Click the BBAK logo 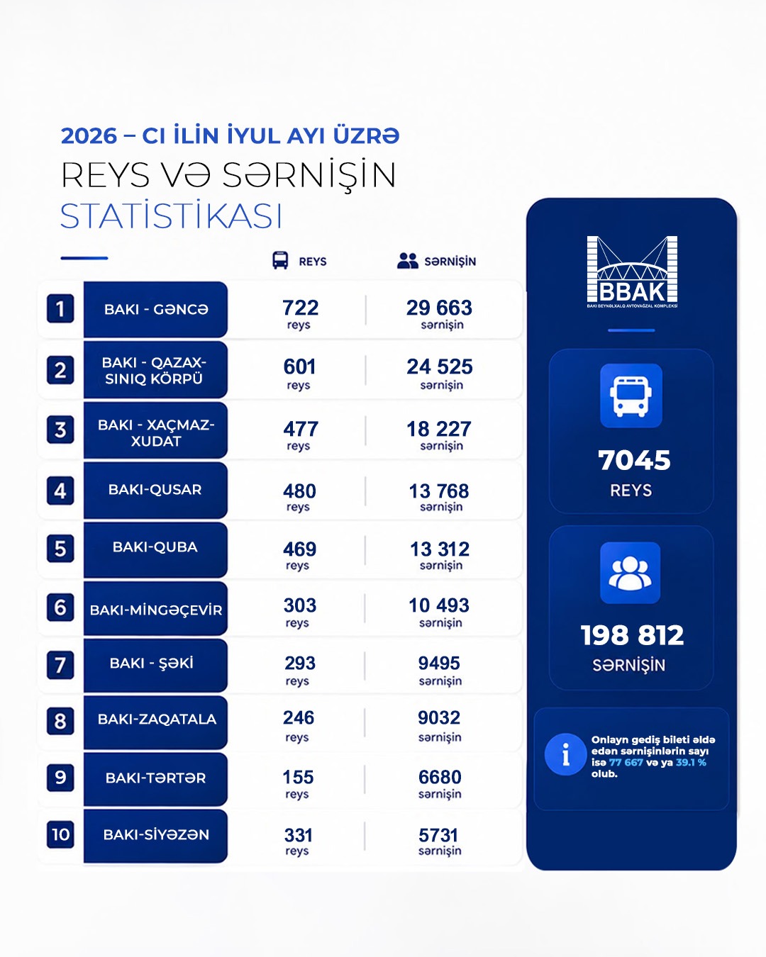click(631, 272)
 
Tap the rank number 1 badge click(60, 308)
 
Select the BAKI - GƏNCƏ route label click(156, 309)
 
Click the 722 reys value click(301, 308)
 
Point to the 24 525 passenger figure click(439, 367)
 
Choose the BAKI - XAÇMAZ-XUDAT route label click(156, 432)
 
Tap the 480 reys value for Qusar click(299, 491)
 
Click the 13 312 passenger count click(440, 549)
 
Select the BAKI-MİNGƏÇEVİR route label click(156, 610)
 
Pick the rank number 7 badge click(60, 665)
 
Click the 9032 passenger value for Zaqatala click(439, 717)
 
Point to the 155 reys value click(298, 778)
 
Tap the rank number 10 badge click(60, 834)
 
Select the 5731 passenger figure click(438, 835)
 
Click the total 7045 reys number click(634, 460)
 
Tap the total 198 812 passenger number click(632, 635)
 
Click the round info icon click(566, 755)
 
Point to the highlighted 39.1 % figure click(691, 762)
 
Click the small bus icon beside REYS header click(280, 260)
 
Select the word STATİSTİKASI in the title click(171, 217)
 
